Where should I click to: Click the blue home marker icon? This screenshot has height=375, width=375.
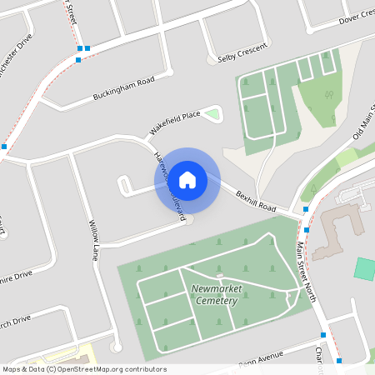point(187,179)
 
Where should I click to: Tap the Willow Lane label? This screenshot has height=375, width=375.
point(93,240)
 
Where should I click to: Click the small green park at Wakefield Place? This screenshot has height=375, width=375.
point(212,114)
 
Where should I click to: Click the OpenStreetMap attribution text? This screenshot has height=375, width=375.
point(83,369)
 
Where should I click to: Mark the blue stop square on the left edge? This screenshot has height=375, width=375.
point(3,147)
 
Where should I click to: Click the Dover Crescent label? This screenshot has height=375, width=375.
point(355,18)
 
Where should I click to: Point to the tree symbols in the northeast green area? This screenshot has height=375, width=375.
point(328,93)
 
